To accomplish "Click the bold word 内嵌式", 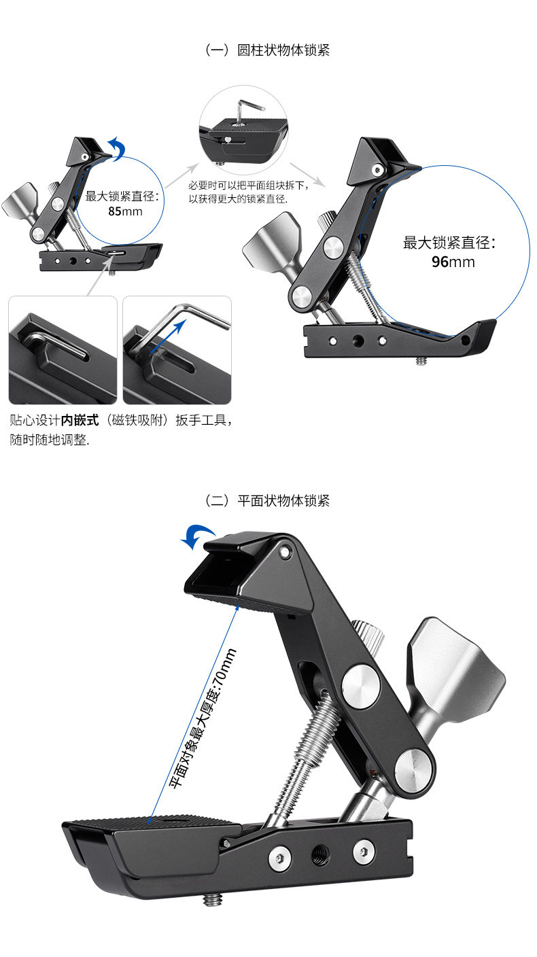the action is [x=80, y=421].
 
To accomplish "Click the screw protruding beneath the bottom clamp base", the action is [x=212, y=899].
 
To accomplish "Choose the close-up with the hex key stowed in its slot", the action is [x=63, y=350].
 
